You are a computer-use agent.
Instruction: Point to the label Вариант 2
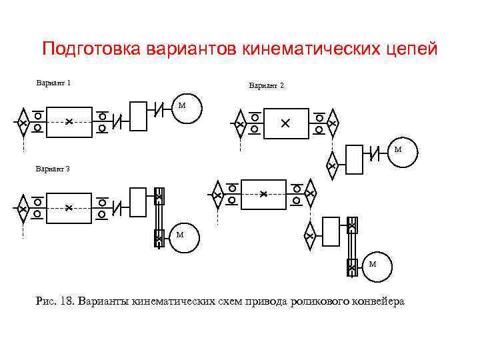point(267,86)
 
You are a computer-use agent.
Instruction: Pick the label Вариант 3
point(53,169)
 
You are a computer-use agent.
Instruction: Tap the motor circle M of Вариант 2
point(399,151)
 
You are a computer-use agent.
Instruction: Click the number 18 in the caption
point(66,301)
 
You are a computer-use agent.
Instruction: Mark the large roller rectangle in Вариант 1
point(69,121)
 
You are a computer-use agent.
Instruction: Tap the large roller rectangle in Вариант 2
point(286,124)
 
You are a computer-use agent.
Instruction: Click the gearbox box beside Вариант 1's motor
point(137,115)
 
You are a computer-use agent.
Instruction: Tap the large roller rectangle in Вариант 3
point(69,207)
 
